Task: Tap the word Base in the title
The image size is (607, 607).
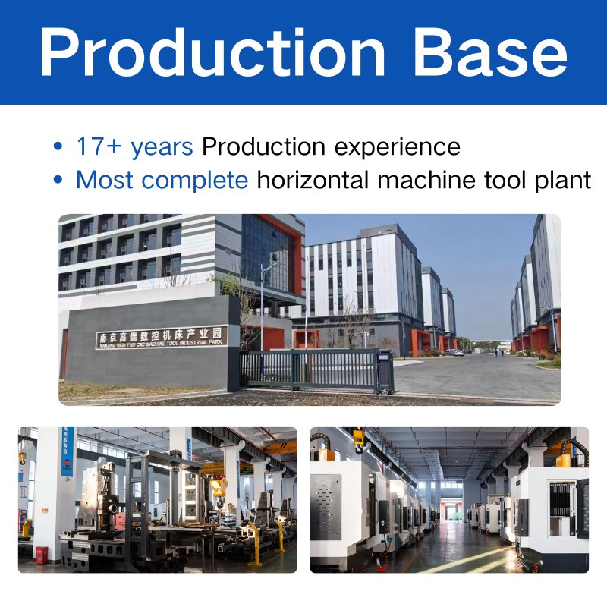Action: (x=490, y=52)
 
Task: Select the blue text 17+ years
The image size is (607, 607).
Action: (x=135, y=146)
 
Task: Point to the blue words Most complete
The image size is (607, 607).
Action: (x=162, y=181)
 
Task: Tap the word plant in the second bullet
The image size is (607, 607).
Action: (x=562, y=181)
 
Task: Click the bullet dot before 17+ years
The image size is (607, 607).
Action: (x=57, y=147)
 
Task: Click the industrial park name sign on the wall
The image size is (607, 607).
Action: (x=161, y=337)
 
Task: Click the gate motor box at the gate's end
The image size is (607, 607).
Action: (x=385, y=371)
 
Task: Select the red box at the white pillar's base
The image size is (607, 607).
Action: (x=42, y=555)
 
